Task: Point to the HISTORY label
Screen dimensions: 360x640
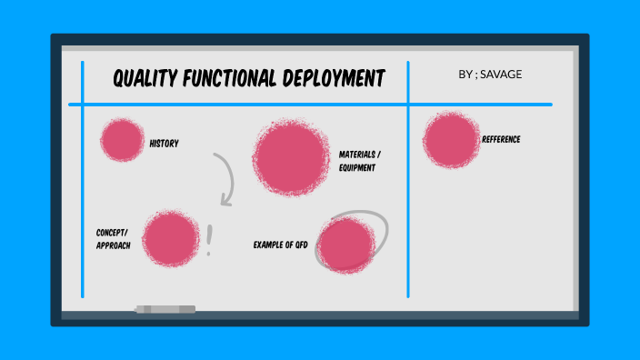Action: (x=164, y=144)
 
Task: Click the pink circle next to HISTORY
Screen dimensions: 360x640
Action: (x=121, y=140)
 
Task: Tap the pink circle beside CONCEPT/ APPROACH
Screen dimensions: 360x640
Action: (x=170, y=238)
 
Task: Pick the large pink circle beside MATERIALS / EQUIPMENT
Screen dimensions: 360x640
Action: (x=291, y=158)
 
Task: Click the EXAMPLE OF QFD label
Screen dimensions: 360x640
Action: (x=280, y=245)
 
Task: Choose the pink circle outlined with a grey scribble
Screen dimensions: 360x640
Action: (x=346, y=245)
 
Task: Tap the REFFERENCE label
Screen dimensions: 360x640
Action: (x=501, y=139)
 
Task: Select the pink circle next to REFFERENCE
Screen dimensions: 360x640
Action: (x=450, y=139)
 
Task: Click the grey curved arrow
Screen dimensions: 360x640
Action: (x=225, y=178)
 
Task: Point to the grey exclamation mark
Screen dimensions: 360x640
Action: (x=210, y=240)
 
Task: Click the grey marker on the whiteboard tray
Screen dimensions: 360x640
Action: (x=165, y=310)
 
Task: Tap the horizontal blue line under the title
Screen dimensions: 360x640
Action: (x=309, y=105)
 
